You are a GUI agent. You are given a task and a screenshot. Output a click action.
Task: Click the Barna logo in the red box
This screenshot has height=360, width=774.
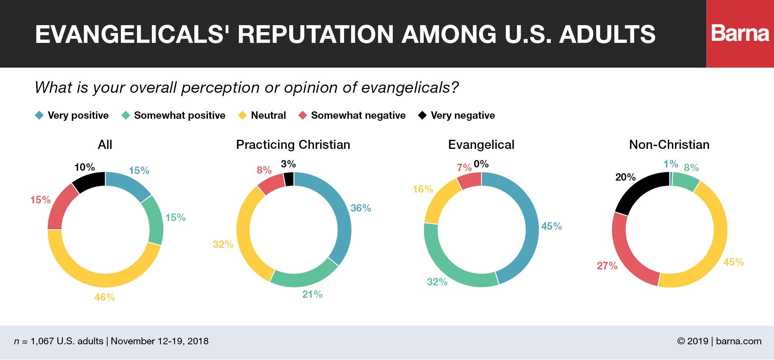(x=740, y=33)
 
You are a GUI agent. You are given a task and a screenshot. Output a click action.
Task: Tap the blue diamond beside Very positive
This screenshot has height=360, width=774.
(x=39, y=115)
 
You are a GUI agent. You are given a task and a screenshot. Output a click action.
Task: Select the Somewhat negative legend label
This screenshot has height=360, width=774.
(x=358, y=115)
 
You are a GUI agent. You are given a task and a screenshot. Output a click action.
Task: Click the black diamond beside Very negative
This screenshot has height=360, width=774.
(x=422, y=115)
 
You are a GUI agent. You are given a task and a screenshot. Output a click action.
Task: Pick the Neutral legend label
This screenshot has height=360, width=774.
(x=268, y=115)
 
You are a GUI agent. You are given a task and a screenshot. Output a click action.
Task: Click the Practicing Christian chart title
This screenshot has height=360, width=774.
(x=293, y=145)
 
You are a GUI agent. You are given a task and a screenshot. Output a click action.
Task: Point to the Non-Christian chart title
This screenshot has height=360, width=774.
(x=669, y=145)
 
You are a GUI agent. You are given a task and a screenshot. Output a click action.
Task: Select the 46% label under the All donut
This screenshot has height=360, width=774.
(x=105, y=297)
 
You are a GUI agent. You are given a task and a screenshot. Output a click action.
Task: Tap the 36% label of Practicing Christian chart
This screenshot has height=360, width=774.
(x=361, y=208)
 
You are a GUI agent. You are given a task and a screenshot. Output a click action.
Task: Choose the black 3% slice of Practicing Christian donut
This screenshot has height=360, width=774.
(x=289, y=179)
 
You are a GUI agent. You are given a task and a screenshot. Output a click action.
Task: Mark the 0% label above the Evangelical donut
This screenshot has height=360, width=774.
(x=481, y=164)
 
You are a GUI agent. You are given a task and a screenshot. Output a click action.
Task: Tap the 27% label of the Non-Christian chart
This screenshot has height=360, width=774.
(x=607, y=266)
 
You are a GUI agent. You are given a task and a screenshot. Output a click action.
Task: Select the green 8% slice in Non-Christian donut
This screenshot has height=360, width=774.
(x=685, y=182)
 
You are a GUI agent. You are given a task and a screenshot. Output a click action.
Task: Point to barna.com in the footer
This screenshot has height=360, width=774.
(x=739, y=341)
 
